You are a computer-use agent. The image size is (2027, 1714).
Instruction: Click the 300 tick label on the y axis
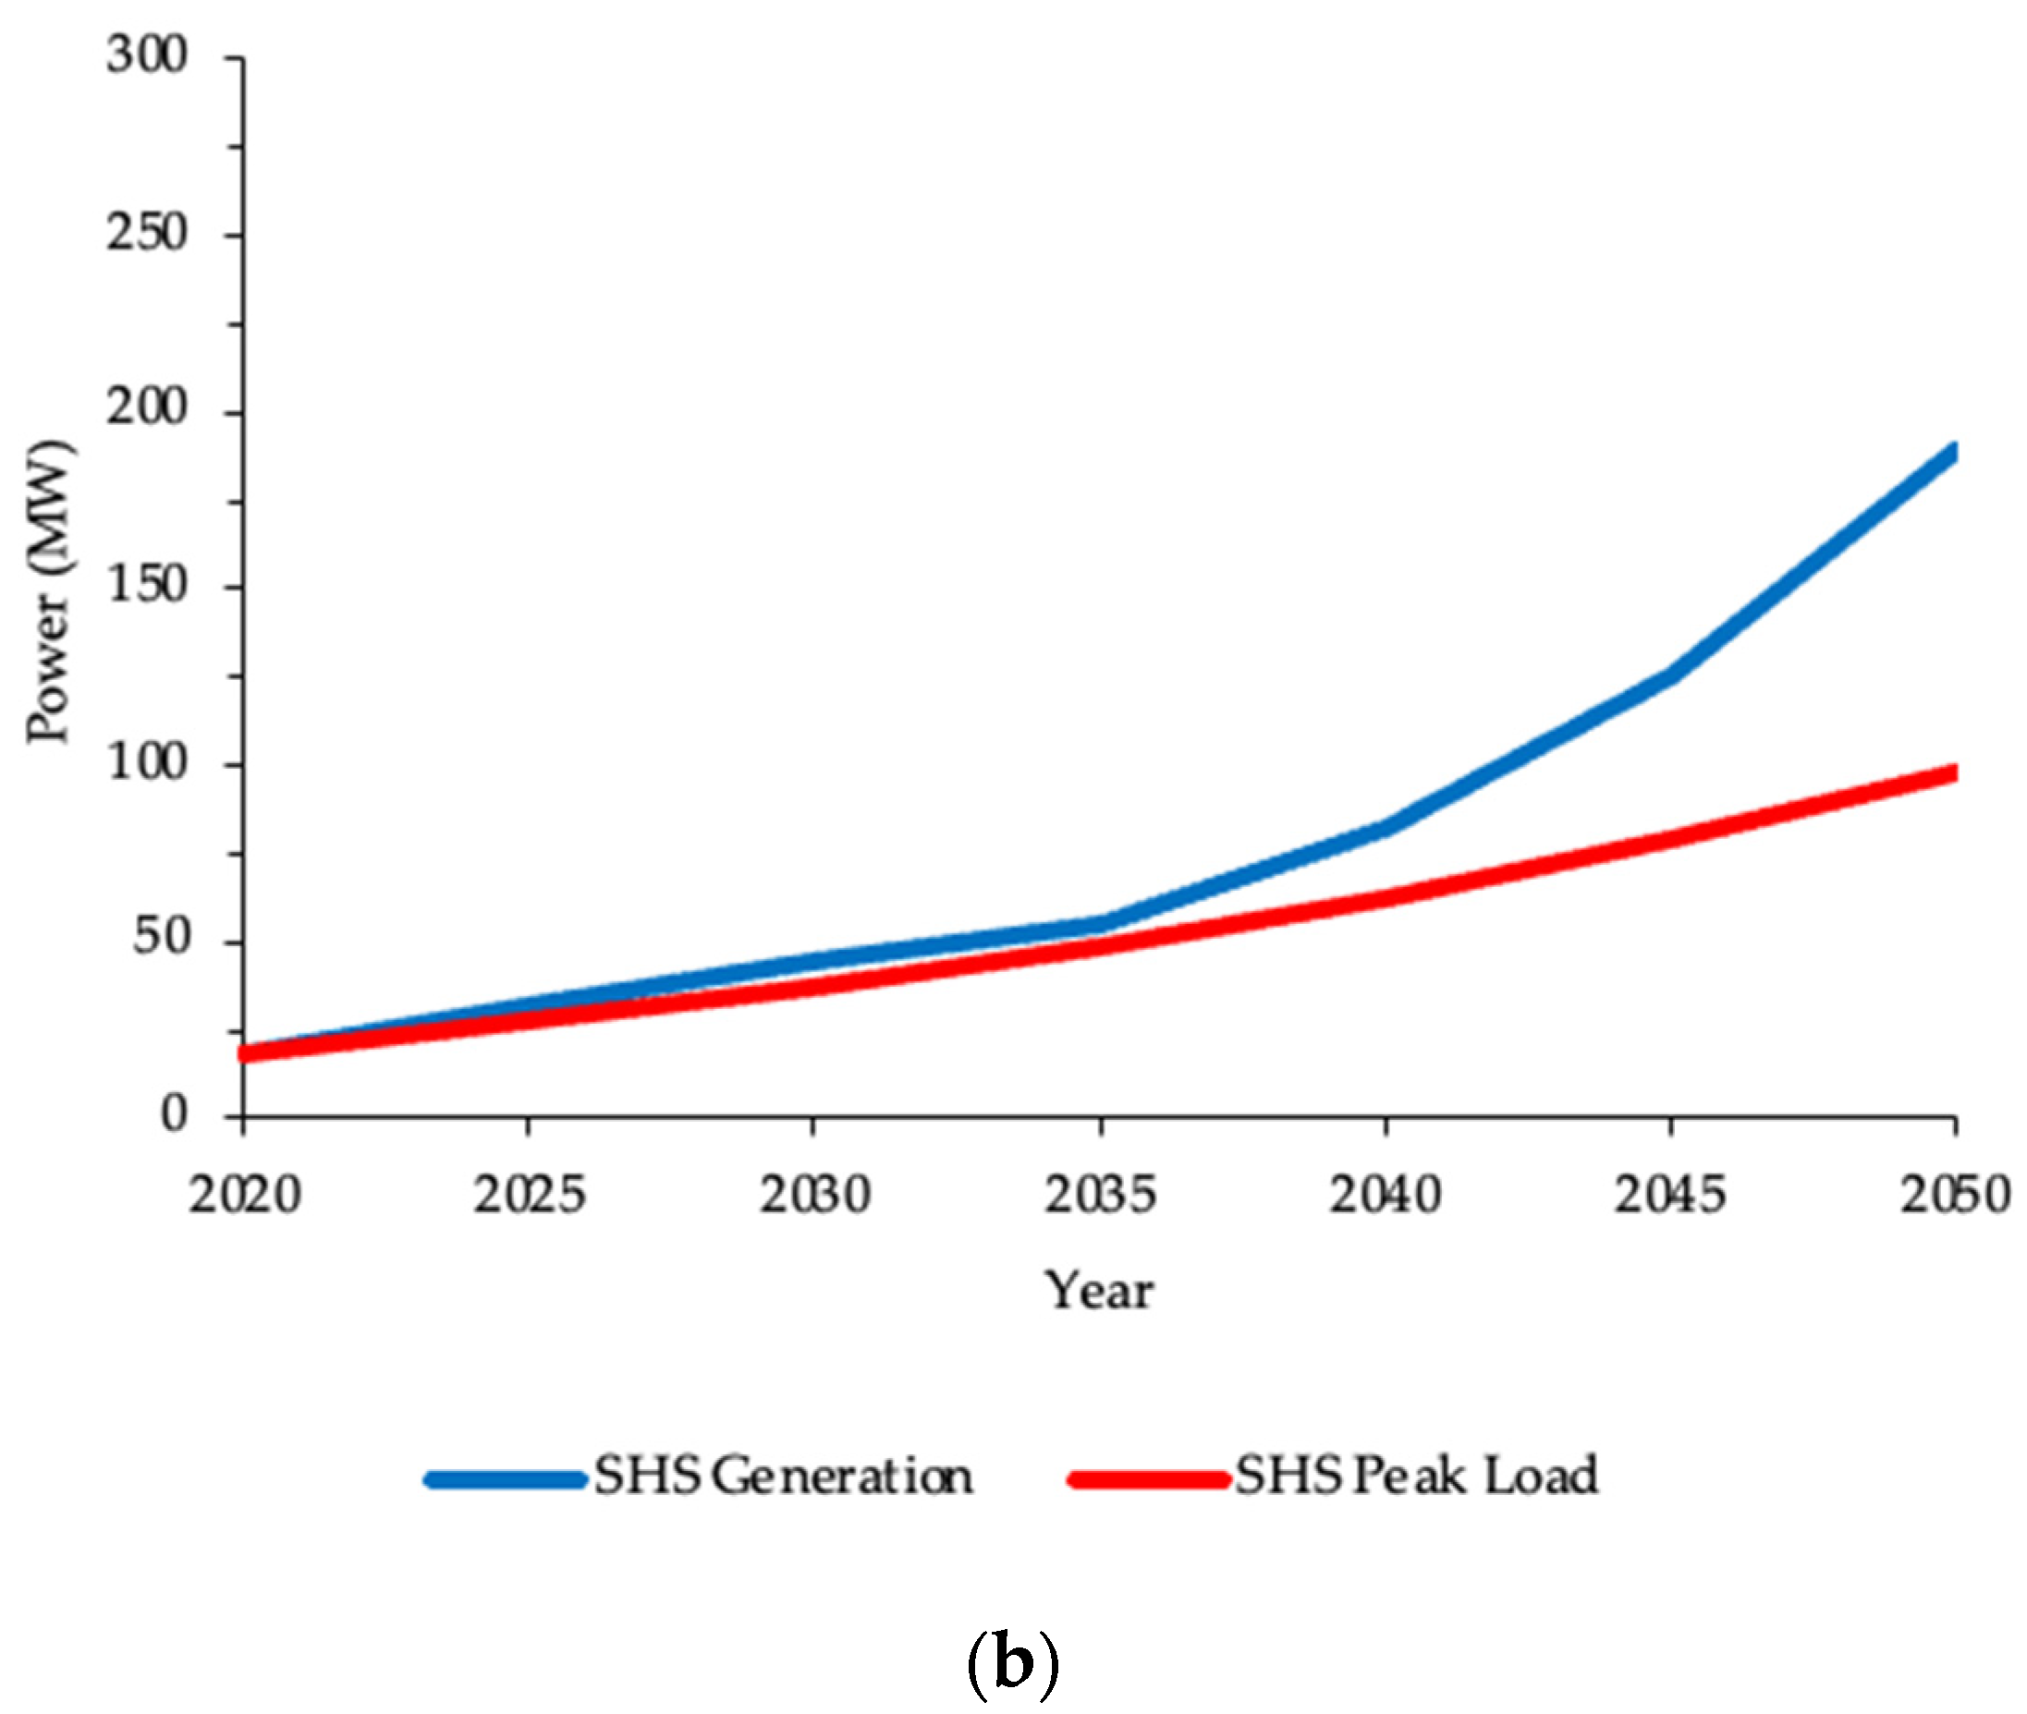click(x=146, y=56)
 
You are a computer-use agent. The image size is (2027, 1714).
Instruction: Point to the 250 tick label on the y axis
click(x=146, y=234)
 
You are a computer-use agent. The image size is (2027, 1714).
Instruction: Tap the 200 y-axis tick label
click(x=146, y=409)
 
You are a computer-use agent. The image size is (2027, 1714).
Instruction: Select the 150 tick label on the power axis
click(x=146, y=586)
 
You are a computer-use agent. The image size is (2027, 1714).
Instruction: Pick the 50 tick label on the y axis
click(x=160, y=939)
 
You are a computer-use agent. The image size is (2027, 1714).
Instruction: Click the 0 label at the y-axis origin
click(x=173, y=1114)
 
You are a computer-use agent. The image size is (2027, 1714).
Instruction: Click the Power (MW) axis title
click(x=49, y=592)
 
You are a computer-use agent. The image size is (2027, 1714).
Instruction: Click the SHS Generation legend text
click(x=783, y=1477)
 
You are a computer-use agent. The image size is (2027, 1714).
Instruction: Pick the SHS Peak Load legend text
click(x=1416, y=1477)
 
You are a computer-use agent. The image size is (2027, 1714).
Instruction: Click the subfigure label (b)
click(x=1012, y=1666)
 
